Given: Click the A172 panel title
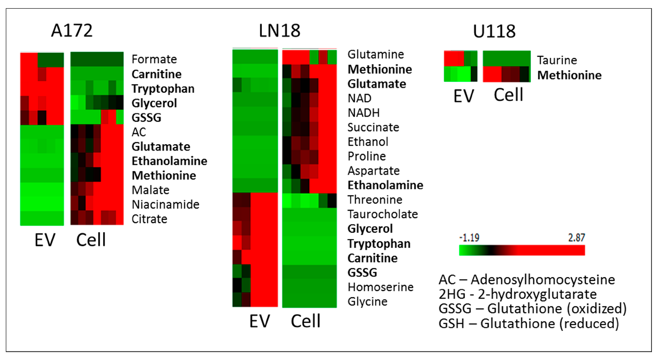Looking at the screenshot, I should pyautogui.click(x=72, y=31).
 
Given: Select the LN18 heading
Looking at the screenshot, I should pyautogui.click(x=279, y=31).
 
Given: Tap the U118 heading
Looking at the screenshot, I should pyautogui.click(x=494, y=31).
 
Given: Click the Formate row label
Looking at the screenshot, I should pyautogui.click(x=154, y=59).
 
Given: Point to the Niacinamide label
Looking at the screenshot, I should pyautogui.click(x=165, y=205).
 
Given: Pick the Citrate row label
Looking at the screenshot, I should pyautogui.click(x=149, y=219).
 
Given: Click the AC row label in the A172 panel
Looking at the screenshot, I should pyautogui.click(x=139, y=132).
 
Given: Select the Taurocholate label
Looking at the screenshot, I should pyautogui.click(x=382, y=214).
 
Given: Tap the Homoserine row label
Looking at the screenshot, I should pyautogui.click(x=380, y=287).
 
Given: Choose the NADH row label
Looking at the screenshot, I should pyautogui.click(x=363, y=113).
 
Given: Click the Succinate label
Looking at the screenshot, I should pyautogui.click(x=373, y=127).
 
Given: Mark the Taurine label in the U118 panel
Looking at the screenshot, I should pyautogui.click(x=557, y=60).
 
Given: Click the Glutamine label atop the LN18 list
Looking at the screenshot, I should pyautogui.click(x=376, y=54).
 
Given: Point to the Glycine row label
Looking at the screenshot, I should pyautogui.click(x=367, y=302).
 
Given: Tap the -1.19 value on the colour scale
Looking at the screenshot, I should pyautogui.click(x=469, y=237).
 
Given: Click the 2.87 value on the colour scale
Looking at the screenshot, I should pyautogui.click(x=576, y=237).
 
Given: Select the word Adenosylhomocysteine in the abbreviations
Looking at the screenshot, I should pyautogui.click(x=543, y=280).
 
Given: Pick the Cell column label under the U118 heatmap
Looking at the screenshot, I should pyautogui.click(x=508, y=95).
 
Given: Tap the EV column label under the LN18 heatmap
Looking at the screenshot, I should pyautogui.click(x=259, y=321).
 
